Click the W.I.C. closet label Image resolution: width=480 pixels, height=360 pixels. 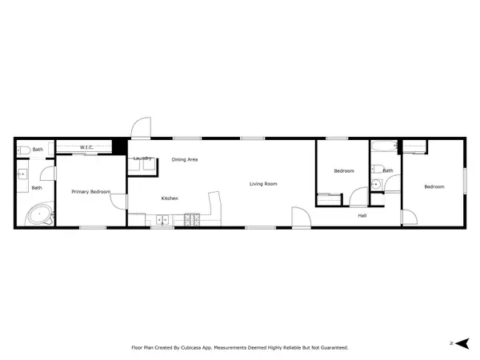87,147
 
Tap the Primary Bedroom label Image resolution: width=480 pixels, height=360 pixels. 90,191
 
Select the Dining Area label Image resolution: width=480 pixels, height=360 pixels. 185,160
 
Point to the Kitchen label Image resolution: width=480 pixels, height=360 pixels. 170,198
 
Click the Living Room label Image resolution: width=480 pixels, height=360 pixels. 263,184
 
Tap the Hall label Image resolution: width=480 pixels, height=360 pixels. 362,215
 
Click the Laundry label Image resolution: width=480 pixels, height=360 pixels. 142,158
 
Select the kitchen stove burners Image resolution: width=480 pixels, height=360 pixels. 192,219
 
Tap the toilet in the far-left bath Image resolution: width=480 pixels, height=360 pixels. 24,149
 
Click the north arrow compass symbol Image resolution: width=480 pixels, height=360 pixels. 459,343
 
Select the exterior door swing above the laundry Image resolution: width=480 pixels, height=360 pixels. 141,128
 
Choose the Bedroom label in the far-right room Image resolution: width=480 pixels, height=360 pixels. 434,187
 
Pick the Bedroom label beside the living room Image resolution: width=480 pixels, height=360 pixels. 344,171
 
